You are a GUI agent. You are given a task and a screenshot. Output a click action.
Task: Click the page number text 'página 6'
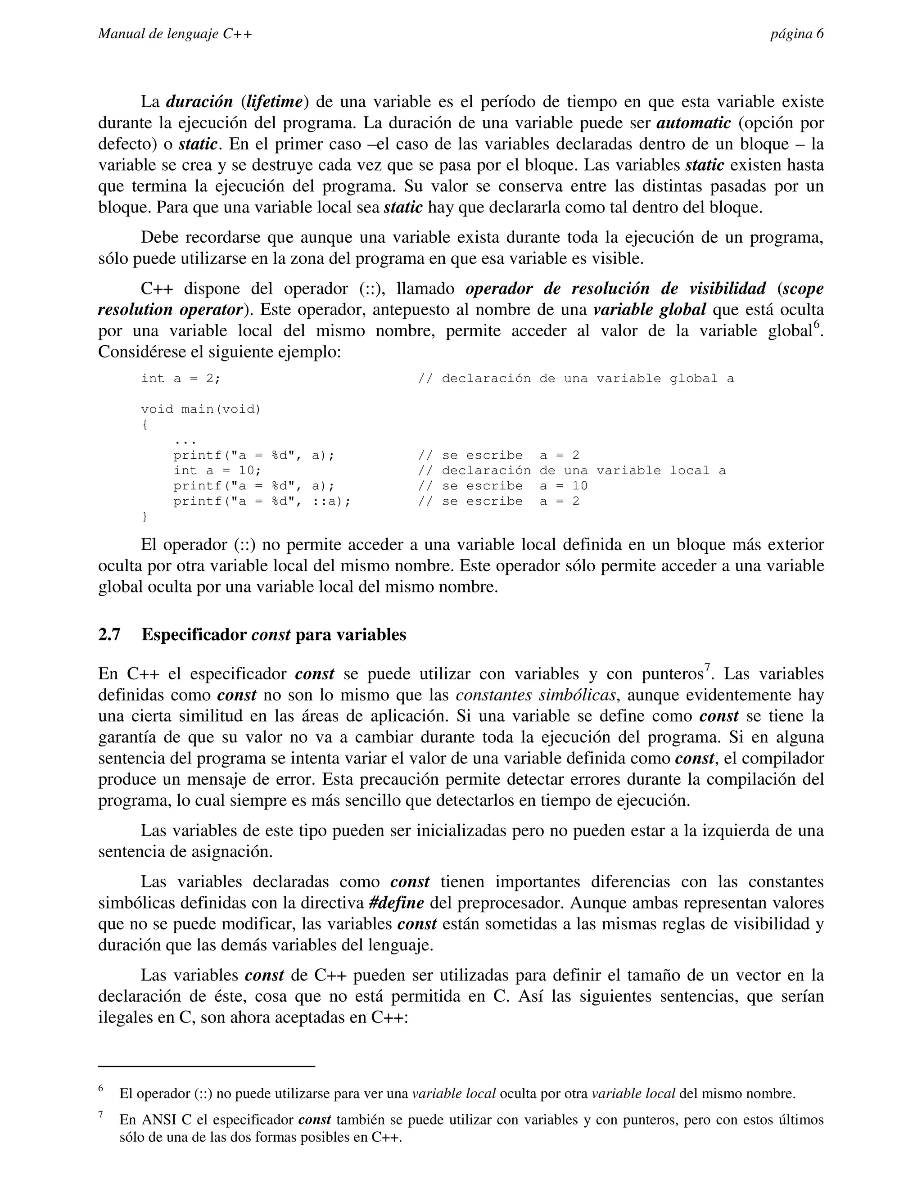tap(796, 34)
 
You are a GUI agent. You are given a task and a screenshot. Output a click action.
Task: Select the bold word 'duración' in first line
tap(199, 102)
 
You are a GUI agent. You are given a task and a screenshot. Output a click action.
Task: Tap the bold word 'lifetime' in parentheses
tap(274, 102)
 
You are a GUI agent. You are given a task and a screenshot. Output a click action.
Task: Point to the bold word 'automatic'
tap(693, 123)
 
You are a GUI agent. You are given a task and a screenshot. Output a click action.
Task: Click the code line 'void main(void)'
tap(201, 409)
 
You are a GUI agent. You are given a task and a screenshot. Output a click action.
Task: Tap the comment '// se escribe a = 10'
tap(502, 486)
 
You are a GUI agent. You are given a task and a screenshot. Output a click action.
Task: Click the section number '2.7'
tap(109, 635)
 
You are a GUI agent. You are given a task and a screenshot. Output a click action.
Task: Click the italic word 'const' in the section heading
tap(271, 635)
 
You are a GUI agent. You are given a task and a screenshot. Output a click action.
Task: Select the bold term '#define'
tap(396, 903)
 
